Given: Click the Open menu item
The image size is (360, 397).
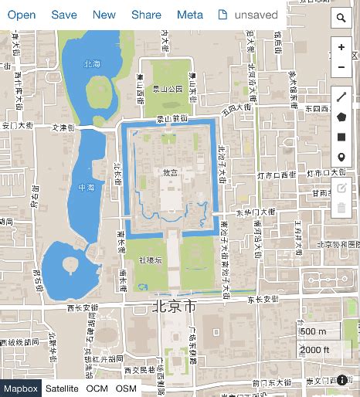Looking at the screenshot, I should pyautogui.click(x=22, y=15).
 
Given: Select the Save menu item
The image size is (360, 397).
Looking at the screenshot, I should pyautogui.click(x=64, y=15).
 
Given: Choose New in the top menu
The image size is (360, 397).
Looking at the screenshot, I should pyautogui.click(x=104, y=15).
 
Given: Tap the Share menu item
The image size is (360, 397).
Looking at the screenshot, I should pyautogui.click(x=146, y=15).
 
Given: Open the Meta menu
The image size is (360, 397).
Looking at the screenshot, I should pyautogui.click(x=190, y=15).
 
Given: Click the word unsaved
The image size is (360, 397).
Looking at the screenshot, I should pyautogui.click(x=256, y=15).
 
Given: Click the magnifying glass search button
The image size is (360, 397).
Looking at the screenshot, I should pyautogui.click(x=341, y=18).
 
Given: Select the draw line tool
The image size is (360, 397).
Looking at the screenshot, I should pyautogui.click(x=341, y=97).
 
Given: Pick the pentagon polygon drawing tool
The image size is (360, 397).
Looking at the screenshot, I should pyautogui.click(x=341, y=117).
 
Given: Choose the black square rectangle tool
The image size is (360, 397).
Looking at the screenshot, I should pyautogui.click(x=341, y=137).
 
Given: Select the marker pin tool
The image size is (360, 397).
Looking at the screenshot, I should pyautogui.click(x=341, y=158).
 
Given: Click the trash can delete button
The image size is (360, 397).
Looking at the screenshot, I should pyautogui.click(x=341, y=208).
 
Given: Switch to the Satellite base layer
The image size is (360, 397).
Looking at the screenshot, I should pyautogui.click(x=62, y=389).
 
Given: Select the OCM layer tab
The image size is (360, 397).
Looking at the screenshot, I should pyautogui.click(x=97, y=389).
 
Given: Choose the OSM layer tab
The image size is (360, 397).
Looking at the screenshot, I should pyautogui.click(x=126, y=389).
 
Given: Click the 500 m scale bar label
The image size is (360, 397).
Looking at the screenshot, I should pyautogui.click(x=313, y=331).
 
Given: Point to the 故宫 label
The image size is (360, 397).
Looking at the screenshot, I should pyautogui.click(x=170, y=172).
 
